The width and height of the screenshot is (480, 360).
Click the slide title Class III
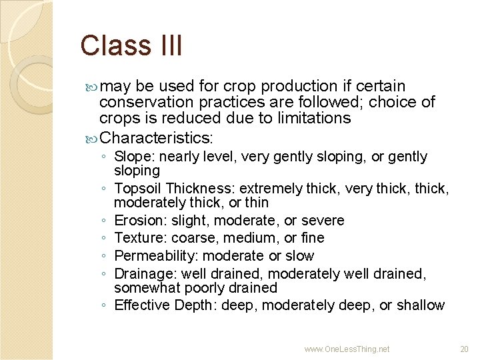[x=131, y=46]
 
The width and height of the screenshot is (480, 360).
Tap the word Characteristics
[x=155, y=138]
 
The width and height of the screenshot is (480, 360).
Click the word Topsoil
[x=138, y=189]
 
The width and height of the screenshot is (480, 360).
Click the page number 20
[x=464, y=349]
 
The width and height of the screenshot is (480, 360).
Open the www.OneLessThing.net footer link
[x=347, y=349]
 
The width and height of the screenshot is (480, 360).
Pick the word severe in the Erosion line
[x=323, y=221]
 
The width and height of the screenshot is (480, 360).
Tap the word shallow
[x=421, y=305]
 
